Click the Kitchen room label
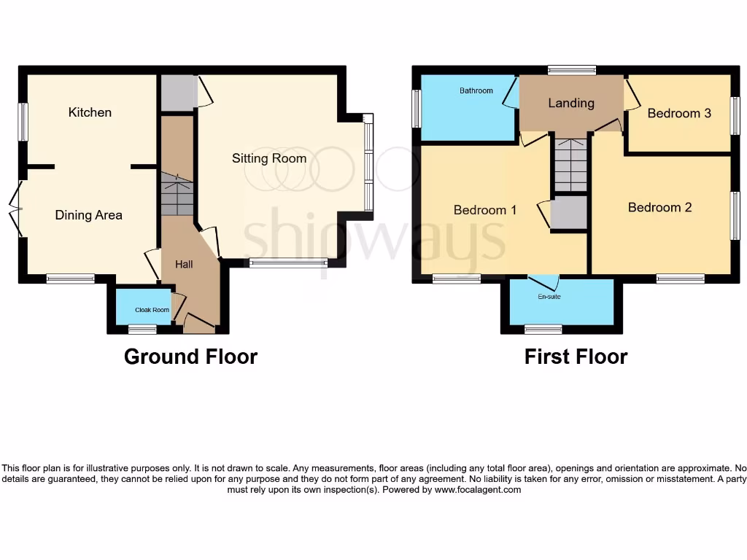90,112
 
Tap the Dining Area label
88,215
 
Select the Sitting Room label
269,158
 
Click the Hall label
184,264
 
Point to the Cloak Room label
152,310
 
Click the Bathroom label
476,91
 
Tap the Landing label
571,104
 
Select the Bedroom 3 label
678,113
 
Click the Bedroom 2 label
659,208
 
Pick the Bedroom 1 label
485,210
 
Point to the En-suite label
549,297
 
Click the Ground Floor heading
190,357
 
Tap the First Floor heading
576,357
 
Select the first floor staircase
570,165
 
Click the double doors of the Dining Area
16,209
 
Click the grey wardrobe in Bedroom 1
568,213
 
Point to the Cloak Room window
142,330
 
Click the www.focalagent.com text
478,490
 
